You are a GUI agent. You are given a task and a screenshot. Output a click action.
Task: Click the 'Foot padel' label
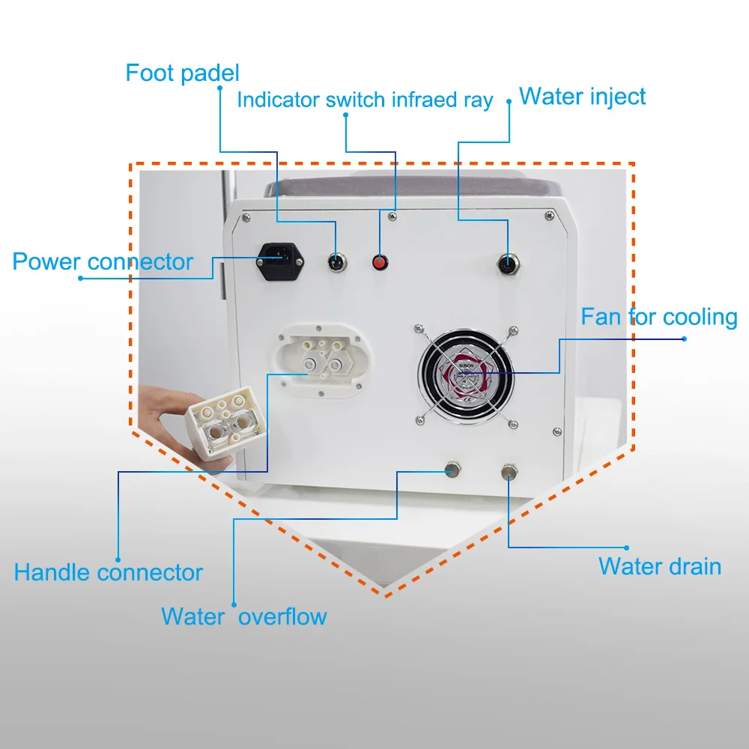point(182,73)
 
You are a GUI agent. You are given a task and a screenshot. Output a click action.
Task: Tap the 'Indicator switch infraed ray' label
point(365,100)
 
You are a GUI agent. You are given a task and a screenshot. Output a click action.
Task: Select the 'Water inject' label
point(582,97)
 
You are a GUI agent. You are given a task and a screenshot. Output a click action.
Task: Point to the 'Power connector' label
point(103,261)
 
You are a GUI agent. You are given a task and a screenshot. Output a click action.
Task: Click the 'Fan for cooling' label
point(659,317)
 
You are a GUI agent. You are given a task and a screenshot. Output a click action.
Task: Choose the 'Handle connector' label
point(108,573)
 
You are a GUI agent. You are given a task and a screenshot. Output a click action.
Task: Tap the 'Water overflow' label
point(243,616)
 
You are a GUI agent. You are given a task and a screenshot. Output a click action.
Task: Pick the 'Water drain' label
point(659,566)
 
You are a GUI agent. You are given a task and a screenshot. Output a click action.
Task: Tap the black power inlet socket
point(281,262)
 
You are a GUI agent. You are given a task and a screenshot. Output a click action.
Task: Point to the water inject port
point(508,264)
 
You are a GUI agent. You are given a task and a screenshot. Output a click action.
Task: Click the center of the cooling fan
point(467,372)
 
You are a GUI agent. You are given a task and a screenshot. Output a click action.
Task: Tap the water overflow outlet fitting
point(452,470)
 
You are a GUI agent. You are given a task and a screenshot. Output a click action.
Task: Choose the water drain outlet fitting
point(510,470)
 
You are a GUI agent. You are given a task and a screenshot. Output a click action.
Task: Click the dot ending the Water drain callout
point(627,548)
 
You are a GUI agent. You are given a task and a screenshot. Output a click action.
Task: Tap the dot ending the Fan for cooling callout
point(685,338)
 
